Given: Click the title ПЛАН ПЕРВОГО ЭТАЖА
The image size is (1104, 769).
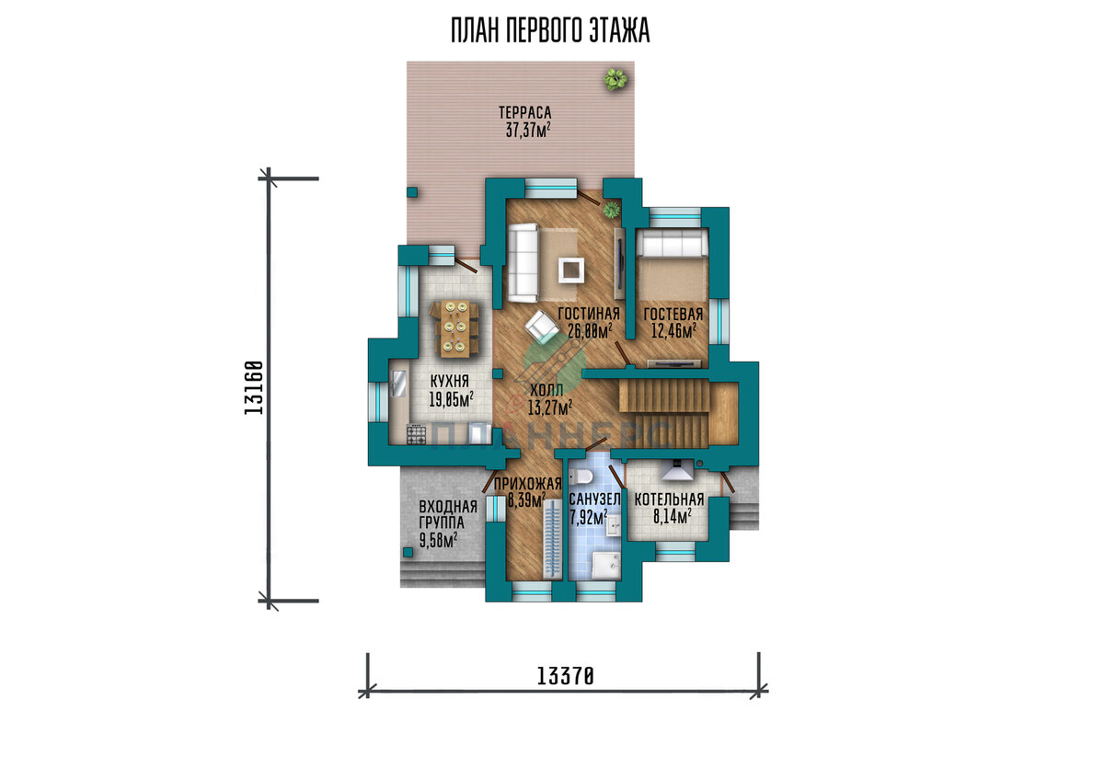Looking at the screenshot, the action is (x=550, y=30).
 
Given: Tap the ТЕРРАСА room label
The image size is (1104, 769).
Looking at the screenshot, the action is (x=525, y=113).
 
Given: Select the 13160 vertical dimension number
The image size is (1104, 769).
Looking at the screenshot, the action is (x=254, y=387).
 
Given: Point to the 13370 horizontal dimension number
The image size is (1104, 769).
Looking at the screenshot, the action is (x=565, y=676).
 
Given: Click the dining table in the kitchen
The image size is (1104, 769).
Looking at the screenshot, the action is (x=454, y=328).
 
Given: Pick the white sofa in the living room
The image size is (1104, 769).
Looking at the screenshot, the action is (x=523, y=262).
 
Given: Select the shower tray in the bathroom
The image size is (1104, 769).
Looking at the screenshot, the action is (x=605, y=565).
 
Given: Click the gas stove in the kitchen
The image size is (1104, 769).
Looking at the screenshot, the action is (x=417, y=435).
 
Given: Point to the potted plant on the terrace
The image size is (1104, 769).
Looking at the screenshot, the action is (x=615, y=79).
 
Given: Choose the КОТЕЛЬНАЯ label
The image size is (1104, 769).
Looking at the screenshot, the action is (x=669, y=499).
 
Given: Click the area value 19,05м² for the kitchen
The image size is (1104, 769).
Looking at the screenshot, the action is (x=451, y=399).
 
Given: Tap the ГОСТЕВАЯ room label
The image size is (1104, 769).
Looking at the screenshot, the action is (x=673, y=315).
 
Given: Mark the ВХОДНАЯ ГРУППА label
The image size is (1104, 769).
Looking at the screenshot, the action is (x=447, y=514).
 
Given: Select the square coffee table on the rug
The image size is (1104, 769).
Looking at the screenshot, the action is (x=571, y=270).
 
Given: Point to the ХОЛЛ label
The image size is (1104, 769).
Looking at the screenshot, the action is (x=546, y=391).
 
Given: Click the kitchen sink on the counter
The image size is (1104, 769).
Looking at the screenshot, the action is (x=397, y=384).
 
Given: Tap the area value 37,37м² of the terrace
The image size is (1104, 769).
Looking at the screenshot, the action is (x=528, y=130).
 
